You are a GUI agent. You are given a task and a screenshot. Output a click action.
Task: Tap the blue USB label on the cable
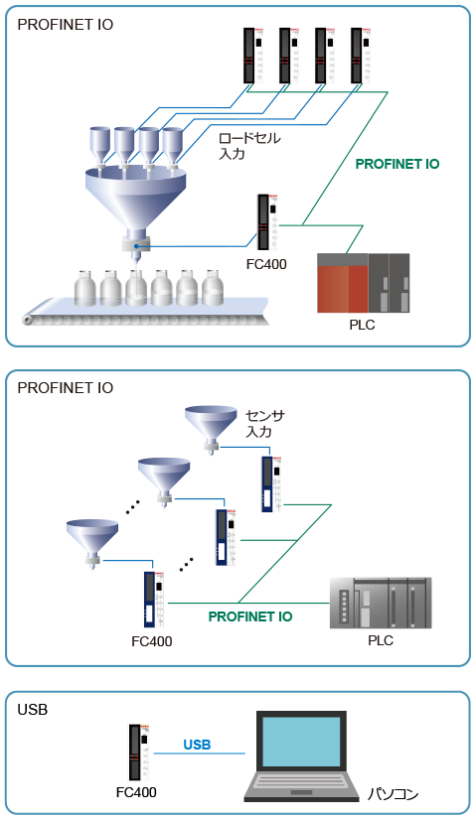click(x=197, y=745)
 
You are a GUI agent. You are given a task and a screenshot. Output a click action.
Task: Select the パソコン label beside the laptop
click(x=393, y=794)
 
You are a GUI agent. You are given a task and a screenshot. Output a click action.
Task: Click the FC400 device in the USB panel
click(x=139, y=752)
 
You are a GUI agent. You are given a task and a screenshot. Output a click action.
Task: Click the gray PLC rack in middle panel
click(x=381, y=603)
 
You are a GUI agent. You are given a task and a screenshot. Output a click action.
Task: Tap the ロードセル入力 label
click(x=249, y=146)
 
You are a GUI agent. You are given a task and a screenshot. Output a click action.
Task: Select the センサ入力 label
click(x=264, y=424)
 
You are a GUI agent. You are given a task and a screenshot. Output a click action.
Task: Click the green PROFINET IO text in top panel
click(x=397, y=164)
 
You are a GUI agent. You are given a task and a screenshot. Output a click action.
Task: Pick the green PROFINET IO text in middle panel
click(x=250, y=616)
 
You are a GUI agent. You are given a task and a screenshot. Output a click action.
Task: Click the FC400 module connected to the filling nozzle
click(x=267, y=222)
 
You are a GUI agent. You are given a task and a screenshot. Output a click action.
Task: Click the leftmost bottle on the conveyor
click(x=85, y=288)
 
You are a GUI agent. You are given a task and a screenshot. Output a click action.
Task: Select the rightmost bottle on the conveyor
click(x=213, y=288)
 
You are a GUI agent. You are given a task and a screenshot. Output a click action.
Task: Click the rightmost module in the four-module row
click(x=361, y=56)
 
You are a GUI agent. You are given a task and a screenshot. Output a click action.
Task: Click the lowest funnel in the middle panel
click(x=92, y=542)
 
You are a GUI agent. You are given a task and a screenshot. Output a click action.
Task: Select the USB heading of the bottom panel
click(x=33, y=710)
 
